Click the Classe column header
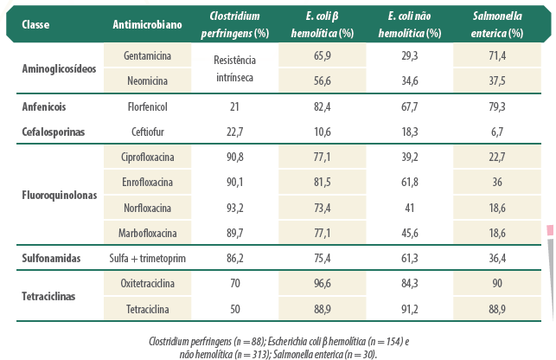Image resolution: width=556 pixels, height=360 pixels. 35,24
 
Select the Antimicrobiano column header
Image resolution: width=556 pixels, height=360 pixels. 147,24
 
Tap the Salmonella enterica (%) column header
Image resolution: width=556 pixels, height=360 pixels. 497,24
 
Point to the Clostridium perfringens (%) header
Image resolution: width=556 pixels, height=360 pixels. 234,24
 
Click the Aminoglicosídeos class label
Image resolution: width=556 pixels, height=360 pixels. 59,68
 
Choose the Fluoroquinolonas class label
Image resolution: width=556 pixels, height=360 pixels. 59,195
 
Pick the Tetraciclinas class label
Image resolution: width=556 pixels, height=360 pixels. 48,296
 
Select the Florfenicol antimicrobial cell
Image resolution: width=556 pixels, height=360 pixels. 148,106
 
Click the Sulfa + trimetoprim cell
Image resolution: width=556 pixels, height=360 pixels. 148,258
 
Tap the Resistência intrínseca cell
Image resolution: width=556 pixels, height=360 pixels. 234,68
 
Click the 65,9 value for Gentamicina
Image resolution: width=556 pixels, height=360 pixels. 322,55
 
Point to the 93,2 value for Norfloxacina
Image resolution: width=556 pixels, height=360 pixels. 234,208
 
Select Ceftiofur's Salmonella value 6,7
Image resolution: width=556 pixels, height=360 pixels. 497,132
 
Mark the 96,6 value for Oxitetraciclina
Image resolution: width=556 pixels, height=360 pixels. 322,283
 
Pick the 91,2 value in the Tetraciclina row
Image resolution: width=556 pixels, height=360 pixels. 410,309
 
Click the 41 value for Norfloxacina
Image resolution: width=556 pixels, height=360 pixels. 410,208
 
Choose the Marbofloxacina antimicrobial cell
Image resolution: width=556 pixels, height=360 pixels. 148,234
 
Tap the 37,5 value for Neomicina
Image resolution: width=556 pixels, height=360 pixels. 497,81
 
